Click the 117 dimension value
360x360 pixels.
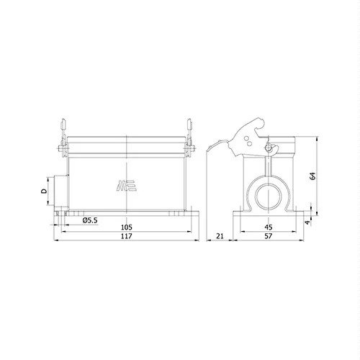tap(126, 236)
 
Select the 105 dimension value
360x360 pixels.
tap(126, 227)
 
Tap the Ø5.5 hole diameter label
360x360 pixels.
tap(90, 220)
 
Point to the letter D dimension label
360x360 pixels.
tap(44, 191)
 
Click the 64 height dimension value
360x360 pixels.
tap(312, 176)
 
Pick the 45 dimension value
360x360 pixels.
tap(269, 227)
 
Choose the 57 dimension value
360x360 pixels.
tap(269, 236)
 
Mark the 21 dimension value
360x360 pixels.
tap(220, 236)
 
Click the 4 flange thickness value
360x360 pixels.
tap(307, 222)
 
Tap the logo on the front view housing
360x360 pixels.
tap(127, 186)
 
